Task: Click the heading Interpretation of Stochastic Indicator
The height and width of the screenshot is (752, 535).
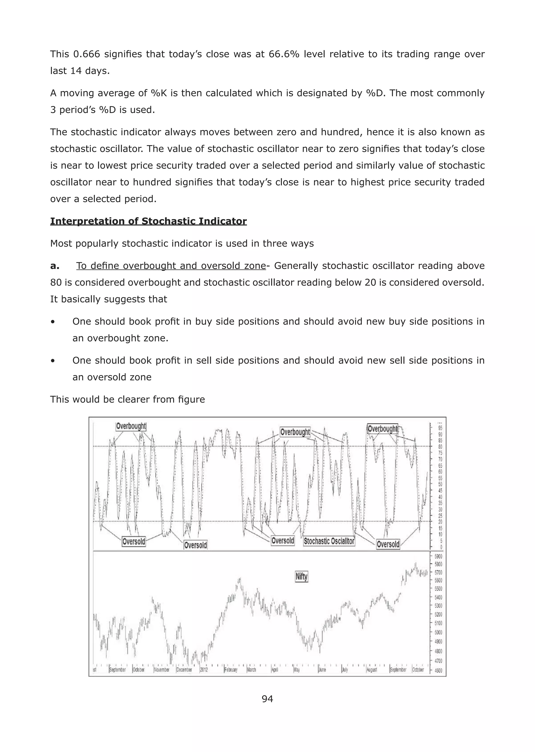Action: point(148,221)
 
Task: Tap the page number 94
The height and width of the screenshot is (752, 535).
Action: point(267,699)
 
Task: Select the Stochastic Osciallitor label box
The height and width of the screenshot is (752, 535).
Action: point(329,541)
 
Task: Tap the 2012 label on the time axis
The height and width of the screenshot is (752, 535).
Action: point(204,670)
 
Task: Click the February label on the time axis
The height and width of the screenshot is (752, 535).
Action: point(231,670)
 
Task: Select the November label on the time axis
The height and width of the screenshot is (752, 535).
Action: point(162,670)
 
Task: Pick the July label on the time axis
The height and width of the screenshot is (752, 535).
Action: point(345,670)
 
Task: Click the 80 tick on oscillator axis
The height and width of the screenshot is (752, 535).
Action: point(440,447)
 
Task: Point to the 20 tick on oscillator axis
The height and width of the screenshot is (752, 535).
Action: point(440,521)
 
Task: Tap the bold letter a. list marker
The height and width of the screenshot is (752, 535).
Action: point(55,266)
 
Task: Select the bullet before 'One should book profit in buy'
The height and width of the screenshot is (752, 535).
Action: point(53,322)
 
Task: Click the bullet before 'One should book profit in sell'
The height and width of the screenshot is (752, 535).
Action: point(53,361)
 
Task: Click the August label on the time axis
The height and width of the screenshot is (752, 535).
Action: point(372,670)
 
